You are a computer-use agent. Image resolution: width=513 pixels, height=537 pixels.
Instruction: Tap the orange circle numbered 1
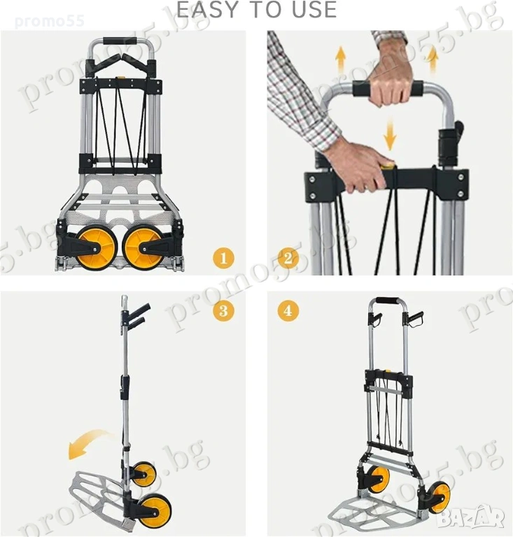223,258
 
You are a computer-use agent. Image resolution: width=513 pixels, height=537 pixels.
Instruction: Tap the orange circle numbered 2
288,258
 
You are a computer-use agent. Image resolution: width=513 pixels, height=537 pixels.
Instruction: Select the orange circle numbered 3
223,311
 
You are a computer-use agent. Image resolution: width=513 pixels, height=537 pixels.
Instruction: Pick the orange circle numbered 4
288,311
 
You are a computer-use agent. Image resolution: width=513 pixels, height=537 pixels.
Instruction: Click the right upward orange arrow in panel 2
433,60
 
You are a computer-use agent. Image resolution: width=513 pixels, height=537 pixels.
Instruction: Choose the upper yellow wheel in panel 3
144,473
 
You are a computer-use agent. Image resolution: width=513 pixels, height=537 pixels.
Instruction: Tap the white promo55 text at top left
50,21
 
